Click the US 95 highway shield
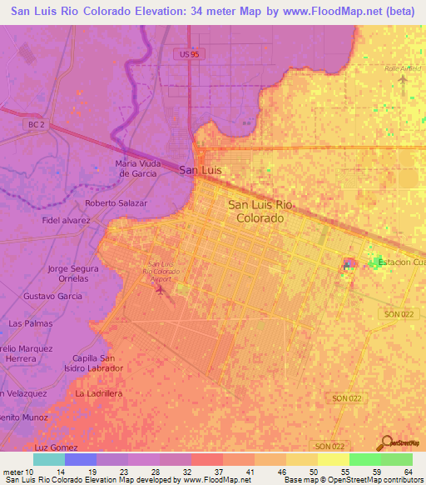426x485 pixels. [191, 53]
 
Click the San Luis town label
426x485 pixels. [200, 170]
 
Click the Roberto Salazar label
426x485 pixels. [116, 203]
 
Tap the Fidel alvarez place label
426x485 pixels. [66, 221]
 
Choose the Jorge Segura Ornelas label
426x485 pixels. [73, 274]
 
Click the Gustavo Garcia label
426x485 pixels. [52, 297]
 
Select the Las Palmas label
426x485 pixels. [30, 322]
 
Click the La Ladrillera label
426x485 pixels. [99, 392]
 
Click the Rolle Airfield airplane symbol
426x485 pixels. [404, 81]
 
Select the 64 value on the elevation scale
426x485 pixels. [408, 472]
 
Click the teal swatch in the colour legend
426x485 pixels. [49, 459]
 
